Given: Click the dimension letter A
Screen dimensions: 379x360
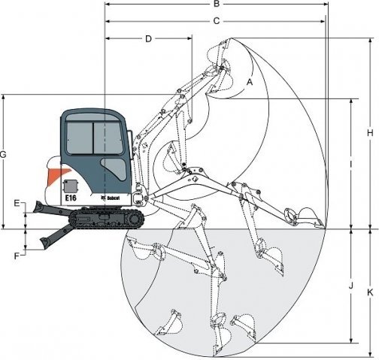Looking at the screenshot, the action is (250, 82).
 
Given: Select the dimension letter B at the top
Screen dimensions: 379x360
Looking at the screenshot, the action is (217, 4).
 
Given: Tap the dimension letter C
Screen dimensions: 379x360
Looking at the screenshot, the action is (217, 21).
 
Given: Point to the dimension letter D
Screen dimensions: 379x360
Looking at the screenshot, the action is (148, 39).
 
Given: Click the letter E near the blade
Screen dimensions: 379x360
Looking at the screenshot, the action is (17, 203).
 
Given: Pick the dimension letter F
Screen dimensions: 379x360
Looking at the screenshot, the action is (17, 256).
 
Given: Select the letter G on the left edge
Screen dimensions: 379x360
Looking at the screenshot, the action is (3, 155).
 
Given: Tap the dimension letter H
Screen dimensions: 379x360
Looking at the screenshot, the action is (370, 133).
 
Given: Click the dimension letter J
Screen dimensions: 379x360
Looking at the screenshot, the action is (351, 286).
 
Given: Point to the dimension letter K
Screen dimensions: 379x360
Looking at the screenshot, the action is (370, 292).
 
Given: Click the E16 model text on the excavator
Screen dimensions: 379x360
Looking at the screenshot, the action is (71, 198).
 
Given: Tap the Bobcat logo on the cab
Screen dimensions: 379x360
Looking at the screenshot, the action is (110, 198).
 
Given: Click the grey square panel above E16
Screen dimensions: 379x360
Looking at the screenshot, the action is (71, 186).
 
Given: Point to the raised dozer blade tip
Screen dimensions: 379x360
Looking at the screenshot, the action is (38, 206).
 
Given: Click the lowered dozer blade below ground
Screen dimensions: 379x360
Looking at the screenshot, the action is (55, 237).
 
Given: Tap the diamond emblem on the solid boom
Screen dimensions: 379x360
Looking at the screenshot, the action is (195, 179).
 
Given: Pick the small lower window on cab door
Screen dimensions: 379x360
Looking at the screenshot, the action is (114, 168).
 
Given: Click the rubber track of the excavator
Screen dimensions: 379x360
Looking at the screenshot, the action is (107, 219).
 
